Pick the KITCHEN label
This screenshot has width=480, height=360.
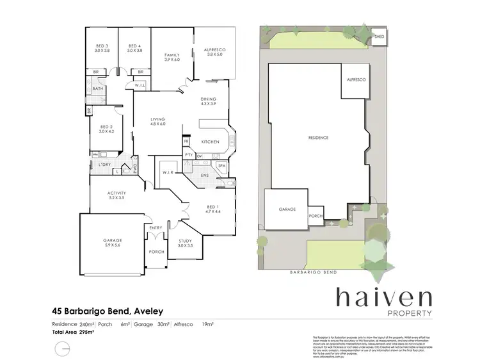point(211,142)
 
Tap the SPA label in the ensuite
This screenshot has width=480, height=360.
point(222,165)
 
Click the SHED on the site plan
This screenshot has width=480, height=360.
point(380,37)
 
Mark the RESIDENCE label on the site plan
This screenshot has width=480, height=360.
point(318,138)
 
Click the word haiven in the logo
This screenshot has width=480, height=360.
point(384,298)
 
